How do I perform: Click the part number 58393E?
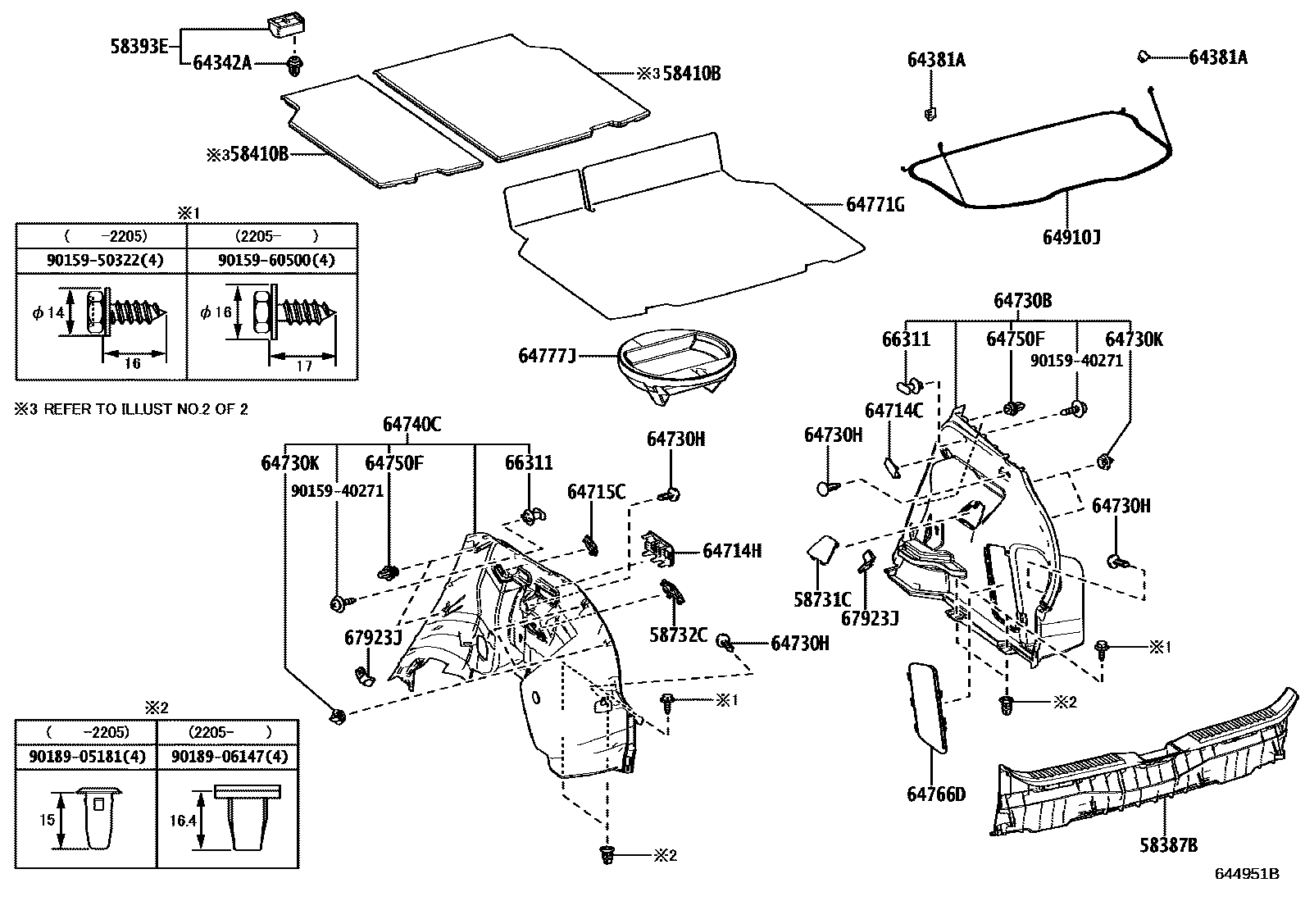(139, 47)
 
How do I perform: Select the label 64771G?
(875, 205)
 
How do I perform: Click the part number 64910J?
(1071, 238)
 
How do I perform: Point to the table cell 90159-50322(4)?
(102, 261)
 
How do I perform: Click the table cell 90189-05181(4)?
(85, 757)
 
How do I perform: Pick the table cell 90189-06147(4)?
(230, 757)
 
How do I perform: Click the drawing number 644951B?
(1247, 873)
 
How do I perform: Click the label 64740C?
(412, 424)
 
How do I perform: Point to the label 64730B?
(1021, 301)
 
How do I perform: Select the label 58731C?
(822, 599)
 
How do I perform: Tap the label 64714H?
(731, 551)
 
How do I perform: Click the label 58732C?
(678, 635)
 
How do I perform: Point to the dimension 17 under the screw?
(302, 366)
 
